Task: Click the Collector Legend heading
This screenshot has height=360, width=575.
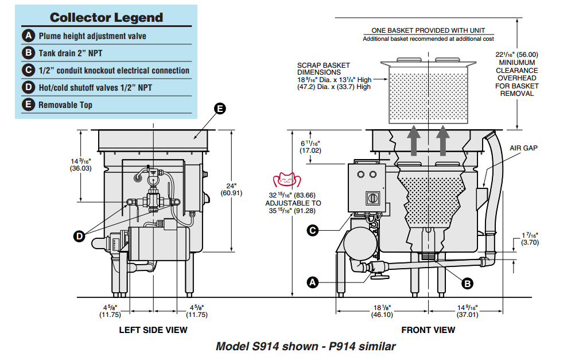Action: tap(106, 17)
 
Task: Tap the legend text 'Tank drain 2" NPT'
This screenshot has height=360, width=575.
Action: tap(72, 53)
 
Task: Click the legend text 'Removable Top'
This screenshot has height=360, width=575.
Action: tap(65, 105)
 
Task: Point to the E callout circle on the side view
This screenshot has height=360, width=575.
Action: tap(220, 108)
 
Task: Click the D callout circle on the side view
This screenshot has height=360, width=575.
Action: tap(79, 235)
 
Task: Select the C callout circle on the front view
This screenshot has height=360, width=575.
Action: tap(313, 230)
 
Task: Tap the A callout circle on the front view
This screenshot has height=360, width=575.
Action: tap(313, 282)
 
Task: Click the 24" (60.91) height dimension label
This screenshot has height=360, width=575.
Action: tap(232, 189)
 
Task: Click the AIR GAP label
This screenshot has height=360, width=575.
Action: tap(523, 148)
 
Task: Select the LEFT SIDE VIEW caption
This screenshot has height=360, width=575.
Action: tap(153, 330)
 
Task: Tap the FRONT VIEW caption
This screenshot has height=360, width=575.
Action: tap(428, 330)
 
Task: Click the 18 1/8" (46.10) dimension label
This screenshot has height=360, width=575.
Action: tap(382, 311)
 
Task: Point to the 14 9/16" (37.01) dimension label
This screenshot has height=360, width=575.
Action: tap(467, 311)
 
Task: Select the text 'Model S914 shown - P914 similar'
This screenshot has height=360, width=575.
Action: tap(305, 347)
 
